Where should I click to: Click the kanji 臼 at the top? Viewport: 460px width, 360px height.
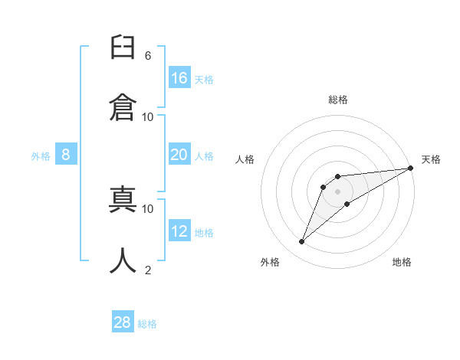point(123,47)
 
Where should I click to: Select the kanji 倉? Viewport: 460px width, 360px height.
point(123,107)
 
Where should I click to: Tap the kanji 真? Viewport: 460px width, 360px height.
point(123,199)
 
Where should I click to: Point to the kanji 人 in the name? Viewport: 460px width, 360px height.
point(123,260)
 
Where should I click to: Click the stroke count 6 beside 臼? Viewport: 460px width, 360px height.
point(148,56)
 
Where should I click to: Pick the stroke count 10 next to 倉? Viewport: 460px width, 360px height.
point(147,117)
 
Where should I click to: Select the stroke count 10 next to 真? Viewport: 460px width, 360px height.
point(147,209)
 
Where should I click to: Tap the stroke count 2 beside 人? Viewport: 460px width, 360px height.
point(148,270)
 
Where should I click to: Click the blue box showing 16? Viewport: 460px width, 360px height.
point(179,77)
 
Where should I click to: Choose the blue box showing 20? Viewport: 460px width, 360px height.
point(179,154)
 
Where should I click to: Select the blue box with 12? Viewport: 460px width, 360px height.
point(179,230)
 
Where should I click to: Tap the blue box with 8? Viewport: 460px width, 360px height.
point(66,154)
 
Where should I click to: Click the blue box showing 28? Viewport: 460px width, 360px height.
point(123,321)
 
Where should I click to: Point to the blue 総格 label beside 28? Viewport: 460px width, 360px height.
point(147,324)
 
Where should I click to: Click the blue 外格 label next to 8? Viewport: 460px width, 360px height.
point(41,156)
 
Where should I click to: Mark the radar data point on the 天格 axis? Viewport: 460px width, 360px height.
point(411,168)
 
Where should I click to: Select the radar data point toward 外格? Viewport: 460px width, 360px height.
point(301,241)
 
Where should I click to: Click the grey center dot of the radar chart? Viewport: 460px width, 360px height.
point(337,191)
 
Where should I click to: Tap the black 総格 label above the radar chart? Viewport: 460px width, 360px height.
point(338,100)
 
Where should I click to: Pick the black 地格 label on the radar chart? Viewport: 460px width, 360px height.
point(402,262)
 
